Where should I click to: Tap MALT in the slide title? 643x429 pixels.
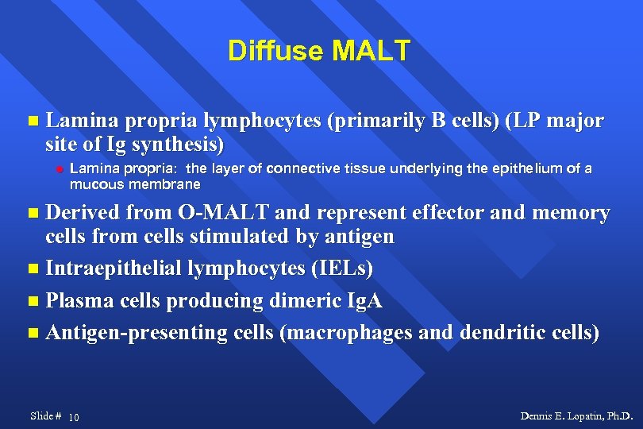tap(372, 51)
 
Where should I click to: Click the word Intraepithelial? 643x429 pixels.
tap(114, 269)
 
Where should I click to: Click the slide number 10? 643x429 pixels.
tap(73, 418)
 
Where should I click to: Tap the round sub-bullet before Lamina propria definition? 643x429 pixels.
tap(59, 169)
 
